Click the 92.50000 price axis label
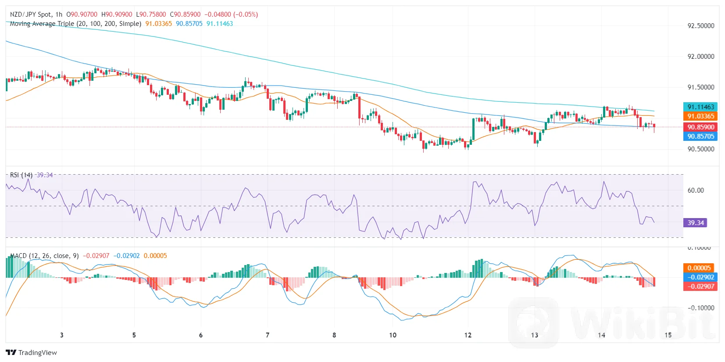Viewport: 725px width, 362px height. [x=700, y=25]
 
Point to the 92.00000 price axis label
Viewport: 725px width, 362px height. [x=700, y=56]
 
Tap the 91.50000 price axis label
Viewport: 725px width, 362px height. [x=700, y=87]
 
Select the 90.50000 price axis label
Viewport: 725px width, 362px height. [x=700, y=149]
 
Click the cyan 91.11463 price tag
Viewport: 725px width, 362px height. [x=700, y=107]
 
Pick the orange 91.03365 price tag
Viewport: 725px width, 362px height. [x=700, y=116]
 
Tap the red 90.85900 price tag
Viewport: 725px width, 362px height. [x=700, y=127]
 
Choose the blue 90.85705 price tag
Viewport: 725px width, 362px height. [x=700, y=136]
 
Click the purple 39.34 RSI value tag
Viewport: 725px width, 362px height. [x=695, y=223]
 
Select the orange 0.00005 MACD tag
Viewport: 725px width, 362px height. [x=699, y=268]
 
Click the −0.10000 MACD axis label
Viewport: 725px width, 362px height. [x=700, y=308]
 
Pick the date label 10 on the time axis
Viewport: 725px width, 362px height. [x=393, y=335]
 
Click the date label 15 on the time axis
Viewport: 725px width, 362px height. [x=668, y=335]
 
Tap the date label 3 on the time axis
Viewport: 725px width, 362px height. [x=61, y=335]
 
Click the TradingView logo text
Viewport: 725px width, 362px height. [x=37, y=353]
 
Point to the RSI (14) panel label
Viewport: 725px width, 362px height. [x=21, y=175]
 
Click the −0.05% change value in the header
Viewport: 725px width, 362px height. [x=245, y=14]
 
